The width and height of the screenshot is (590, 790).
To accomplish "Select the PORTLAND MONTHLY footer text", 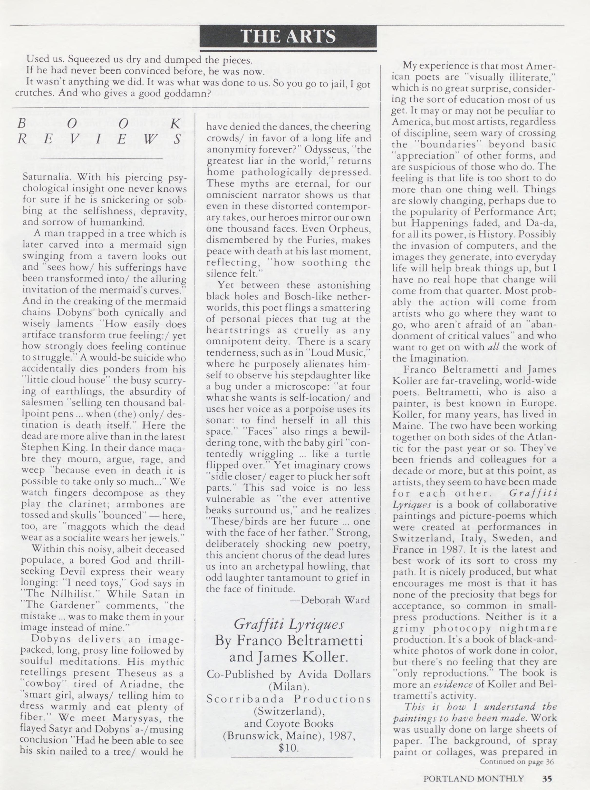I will pyautogui.click(x=474, y=778).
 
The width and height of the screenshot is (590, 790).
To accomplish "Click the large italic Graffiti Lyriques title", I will pyautogui.click(x=289, y=624).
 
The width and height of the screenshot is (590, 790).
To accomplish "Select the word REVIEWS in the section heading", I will pyautogui.click(x=99, y=139).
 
